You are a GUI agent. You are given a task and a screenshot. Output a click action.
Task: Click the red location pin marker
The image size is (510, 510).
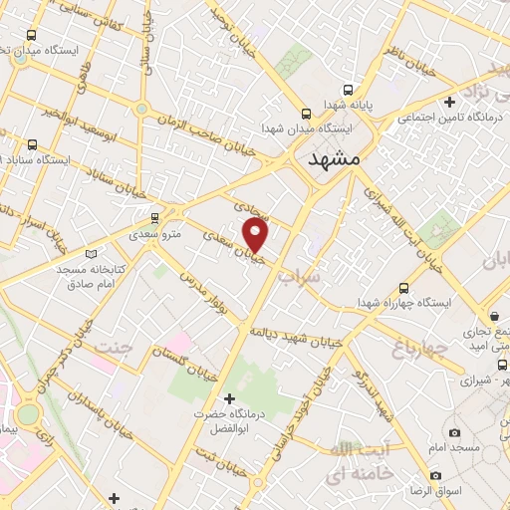click(257, 234)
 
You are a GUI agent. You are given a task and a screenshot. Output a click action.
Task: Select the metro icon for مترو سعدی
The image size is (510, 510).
click(154, 217)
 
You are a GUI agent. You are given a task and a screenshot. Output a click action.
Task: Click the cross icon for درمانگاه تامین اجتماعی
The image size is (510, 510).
click(450, 102)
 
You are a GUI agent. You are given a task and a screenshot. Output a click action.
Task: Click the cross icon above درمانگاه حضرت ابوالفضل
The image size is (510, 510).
click(230, 399)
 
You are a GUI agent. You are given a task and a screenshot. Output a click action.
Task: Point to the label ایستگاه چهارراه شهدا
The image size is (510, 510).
click(405, 302)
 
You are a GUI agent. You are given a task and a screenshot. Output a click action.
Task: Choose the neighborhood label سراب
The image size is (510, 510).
click(300, 275)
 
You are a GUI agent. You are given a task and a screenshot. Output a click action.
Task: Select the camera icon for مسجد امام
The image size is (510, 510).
click(455, 432)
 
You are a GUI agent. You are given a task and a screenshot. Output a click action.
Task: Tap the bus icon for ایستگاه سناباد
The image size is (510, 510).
click(33, 144)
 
